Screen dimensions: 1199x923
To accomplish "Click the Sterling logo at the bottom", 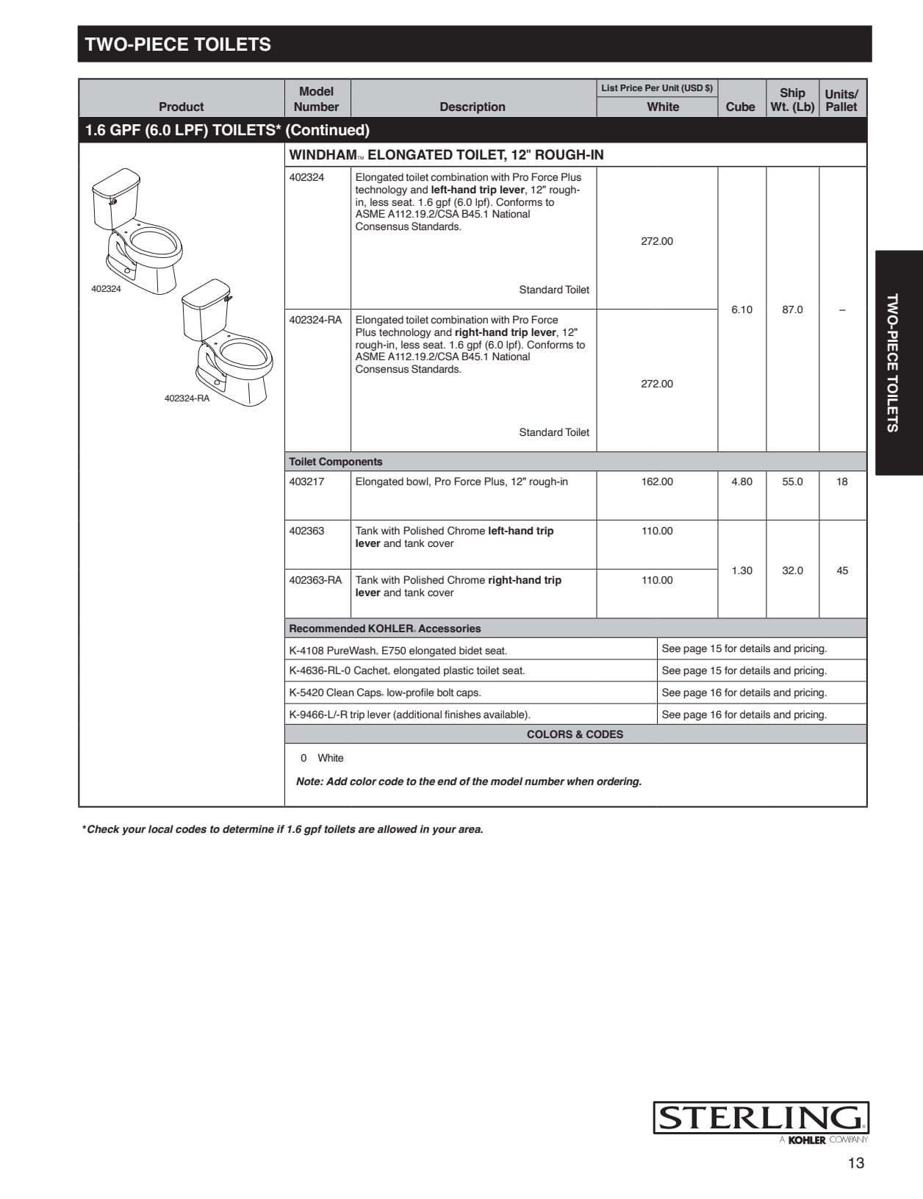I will click(x=761, y=1118).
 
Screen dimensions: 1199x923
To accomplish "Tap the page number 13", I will click(x=855, y=1163).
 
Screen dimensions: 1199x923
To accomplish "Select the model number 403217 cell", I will click(x=306, y=482).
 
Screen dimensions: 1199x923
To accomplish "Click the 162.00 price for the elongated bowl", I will click(x=656, y=482).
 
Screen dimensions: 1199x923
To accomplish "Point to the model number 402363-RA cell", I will click(x=315, y=580).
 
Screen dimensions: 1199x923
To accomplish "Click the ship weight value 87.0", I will click(x=792, y=309).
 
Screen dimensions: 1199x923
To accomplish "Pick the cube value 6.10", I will click(x=741, y=309).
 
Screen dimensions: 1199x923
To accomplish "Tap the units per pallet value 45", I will click(x=842, y=570).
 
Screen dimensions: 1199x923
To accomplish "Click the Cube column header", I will click(x=740, y=107).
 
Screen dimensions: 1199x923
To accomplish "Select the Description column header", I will click(x=473, y=107).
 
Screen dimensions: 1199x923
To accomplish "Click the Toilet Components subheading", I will click(x=336, y=462).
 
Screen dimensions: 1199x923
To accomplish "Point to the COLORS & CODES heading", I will click(x=575, y=734).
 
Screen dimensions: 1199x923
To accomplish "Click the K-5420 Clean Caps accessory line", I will click(x=385, y=692).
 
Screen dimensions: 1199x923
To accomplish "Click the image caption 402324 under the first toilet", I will click(x=106, y=289).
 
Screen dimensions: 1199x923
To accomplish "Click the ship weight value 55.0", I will click(x=792, y=482).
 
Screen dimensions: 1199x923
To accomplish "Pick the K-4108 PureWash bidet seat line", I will click(x=398, y=651).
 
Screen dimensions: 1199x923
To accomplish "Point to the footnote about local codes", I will click(x=283, y=829).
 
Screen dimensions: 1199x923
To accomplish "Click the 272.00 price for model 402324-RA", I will click(x=656, y=384).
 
